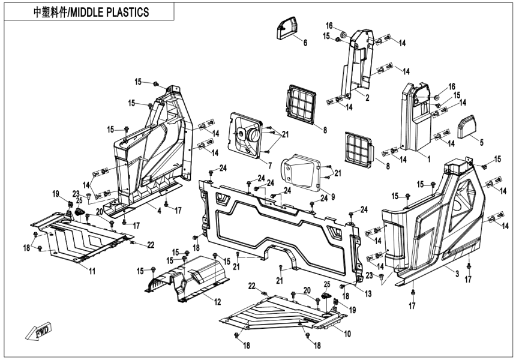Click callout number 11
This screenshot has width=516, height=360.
click(92, 271)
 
